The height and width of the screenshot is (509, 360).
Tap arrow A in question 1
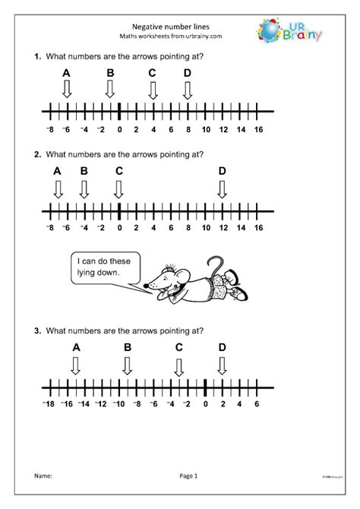[x=67, y=90]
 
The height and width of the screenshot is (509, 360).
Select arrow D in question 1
[x=188, y=90]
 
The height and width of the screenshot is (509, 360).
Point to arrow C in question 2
[x=119, y=188]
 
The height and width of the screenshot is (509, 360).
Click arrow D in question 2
[x=222, y=188]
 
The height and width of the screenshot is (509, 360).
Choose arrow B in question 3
[x=128, y=367]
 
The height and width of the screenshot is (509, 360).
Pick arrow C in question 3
[x=178, y=367]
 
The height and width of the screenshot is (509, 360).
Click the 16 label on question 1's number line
[x=257, y=131]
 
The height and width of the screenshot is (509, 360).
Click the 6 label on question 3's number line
[x=257, y=406]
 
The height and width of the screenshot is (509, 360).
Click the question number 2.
[x=36, y=154]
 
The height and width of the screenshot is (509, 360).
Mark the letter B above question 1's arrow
[x=110, y=73]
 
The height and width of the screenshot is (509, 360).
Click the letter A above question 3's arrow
[x=76, y=348]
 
